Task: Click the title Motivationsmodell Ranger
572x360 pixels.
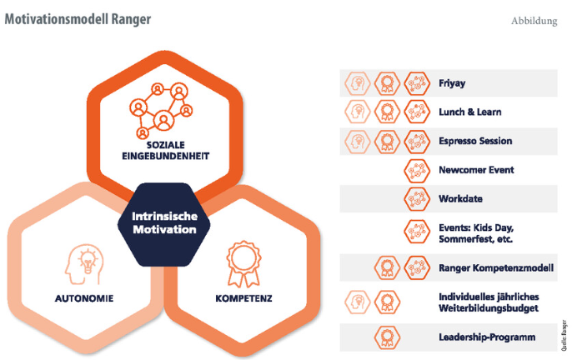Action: click(x=78, y=18)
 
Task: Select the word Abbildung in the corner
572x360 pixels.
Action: click(x=534, y=20)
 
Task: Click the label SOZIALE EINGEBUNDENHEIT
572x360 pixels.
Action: click(x=163, y=149)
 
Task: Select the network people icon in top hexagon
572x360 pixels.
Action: click(x=163, y=108)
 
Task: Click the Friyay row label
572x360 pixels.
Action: click(x=454, y=82)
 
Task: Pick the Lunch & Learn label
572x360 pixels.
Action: click(x=470, y=112)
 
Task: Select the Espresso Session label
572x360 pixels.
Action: click(x=475, y=141)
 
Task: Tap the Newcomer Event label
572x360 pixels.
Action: click(x=476, y=170)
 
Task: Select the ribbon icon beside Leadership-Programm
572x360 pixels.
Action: click(x=386, y=337)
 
